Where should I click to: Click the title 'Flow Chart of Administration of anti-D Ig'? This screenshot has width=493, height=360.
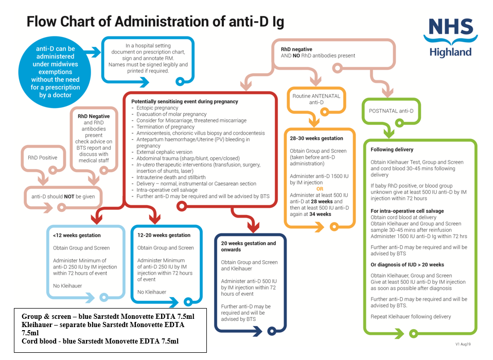(x=155, y=22)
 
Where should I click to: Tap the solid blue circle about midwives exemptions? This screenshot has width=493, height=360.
(x=55, y=71)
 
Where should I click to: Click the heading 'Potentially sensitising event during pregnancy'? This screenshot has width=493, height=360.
(x=184, y=101)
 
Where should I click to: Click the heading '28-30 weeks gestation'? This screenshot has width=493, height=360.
(x=316, y=138)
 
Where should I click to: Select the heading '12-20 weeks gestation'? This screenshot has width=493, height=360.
(x=164, y=235)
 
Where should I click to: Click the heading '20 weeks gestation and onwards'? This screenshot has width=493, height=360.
(x=249, y=246)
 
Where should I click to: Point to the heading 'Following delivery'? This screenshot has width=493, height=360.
(x=392, y=150)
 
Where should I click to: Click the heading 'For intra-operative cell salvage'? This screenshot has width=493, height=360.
(x=407, y=211)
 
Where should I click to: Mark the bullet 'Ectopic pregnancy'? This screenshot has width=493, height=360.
(x=157, y=108)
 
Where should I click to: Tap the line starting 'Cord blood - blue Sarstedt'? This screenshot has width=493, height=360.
(x=100, y=341)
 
